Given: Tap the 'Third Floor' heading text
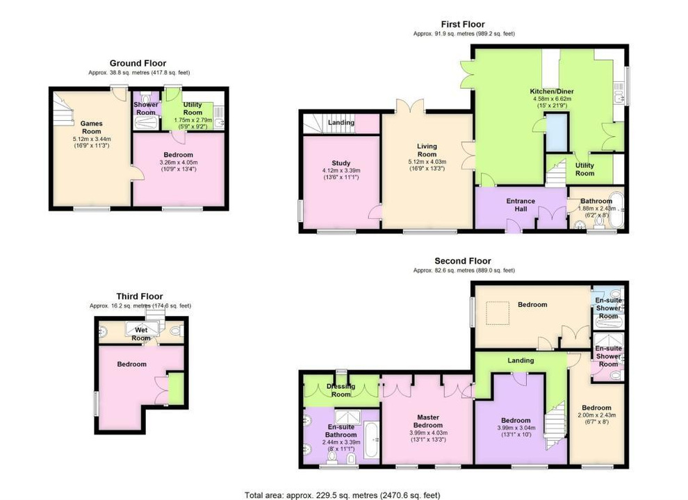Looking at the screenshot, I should (140, 297).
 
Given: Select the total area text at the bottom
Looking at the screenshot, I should (343, 495).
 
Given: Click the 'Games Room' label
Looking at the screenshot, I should (91, 127).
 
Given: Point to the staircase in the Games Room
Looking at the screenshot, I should (65, 111).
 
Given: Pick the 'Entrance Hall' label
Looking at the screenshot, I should (521, 205).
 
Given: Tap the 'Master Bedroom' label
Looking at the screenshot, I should (427, 421).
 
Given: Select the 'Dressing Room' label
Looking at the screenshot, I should (341, 390).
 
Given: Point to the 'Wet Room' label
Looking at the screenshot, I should (141, 334).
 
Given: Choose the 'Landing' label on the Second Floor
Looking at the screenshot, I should (521, 360).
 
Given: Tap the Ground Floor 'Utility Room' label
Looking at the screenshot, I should (193, 108).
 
